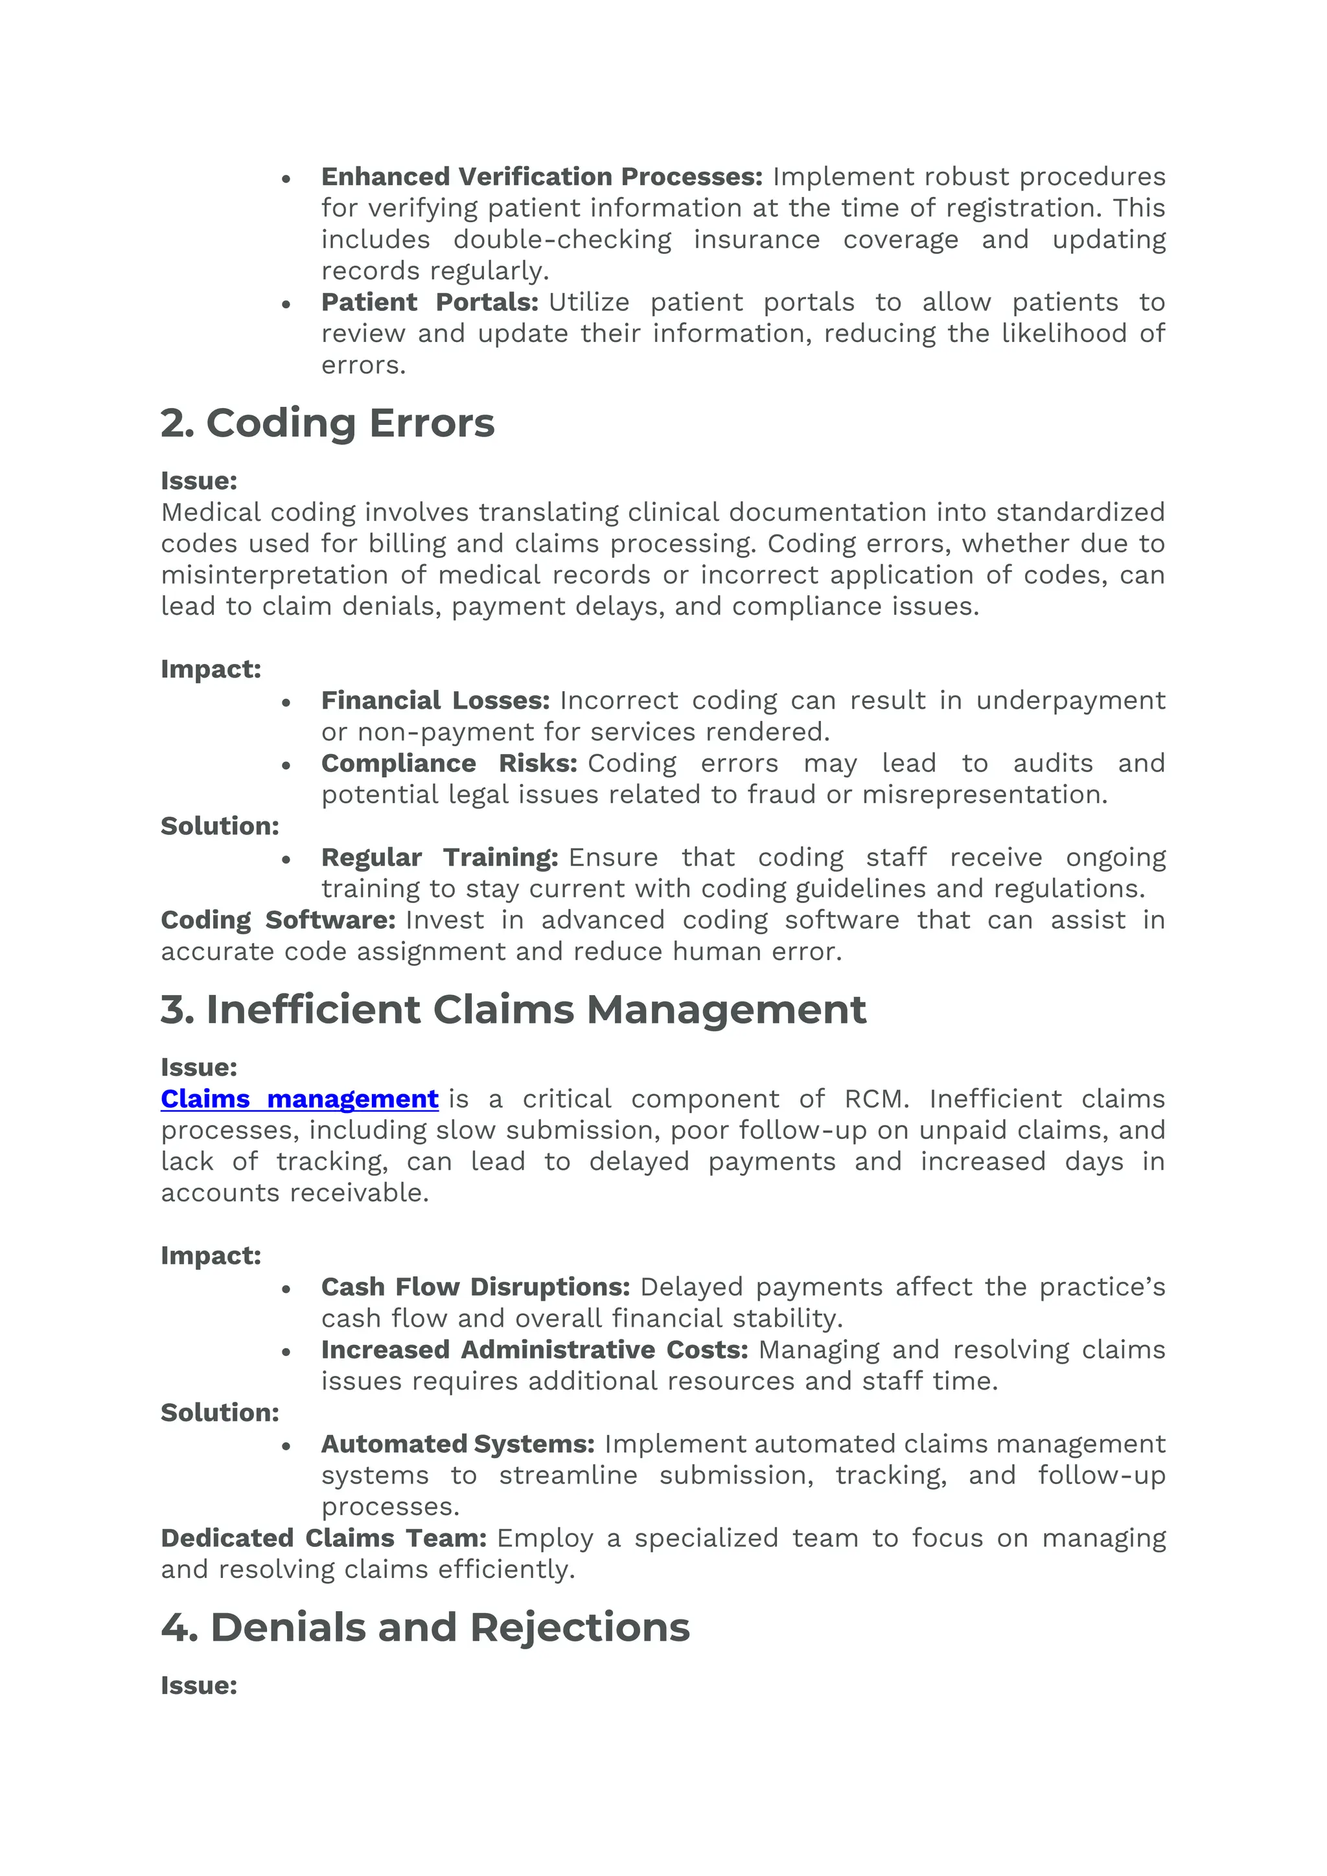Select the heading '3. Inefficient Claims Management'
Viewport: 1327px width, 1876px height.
pyautogui.click(x=513, y=1009)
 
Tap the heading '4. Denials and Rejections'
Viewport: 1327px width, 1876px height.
pyautogui.click(x=425, y=1627)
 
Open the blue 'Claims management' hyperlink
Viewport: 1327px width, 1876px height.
pyautogui.click(x=299, y=1099)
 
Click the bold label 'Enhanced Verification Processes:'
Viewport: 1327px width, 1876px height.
pyautogui.click(x=541, y=176)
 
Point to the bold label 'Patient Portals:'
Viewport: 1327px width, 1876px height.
pyautogui.click(x=429, y=303)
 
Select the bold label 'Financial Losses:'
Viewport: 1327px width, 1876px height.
pyautogui.click(x=435, y=700)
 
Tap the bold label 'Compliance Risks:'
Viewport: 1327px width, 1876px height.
pyautogui.click(x=448, y=763)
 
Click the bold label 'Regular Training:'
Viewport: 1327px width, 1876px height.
pyautogui.click(x=439, y=857)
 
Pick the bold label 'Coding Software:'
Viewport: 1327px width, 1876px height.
pyautogui.click(x=278, y=920)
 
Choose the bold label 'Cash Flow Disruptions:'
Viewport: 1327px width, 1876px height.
pyautogui.click(x=475, y=1287)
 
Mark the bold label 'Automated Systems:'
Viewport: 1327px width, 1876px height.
pyautogui.click(x=457, y=1444)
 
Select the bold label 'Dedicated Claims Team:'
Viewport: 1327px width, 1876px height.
pyautogui.click(x=323, y=1538)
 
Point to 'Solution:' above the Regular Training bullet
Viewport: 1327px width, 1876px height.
pyautogui.click(x=219, y=826)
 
